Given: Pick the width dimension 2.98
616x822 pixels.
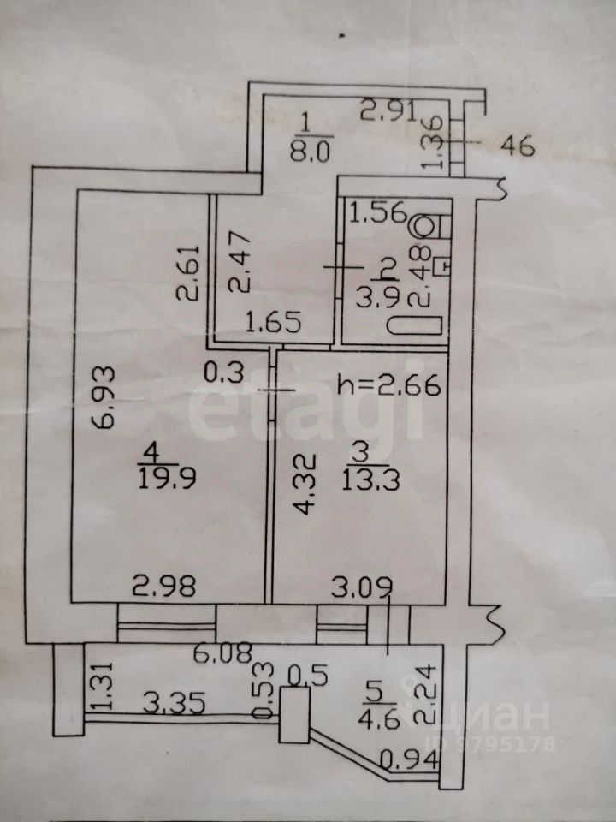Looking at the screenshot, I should tap(163, 587).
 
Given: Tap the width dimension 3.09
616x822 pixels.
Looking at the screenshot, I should tap(364, 587).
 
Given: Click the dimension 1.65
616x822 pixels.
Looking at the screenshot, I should tap(269, 324).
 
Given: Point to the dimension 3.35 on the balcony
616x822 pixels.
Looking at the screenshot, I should tap(163, 705).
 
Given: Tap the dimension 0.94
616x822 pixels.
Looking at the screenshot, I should tap(400, 757).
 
